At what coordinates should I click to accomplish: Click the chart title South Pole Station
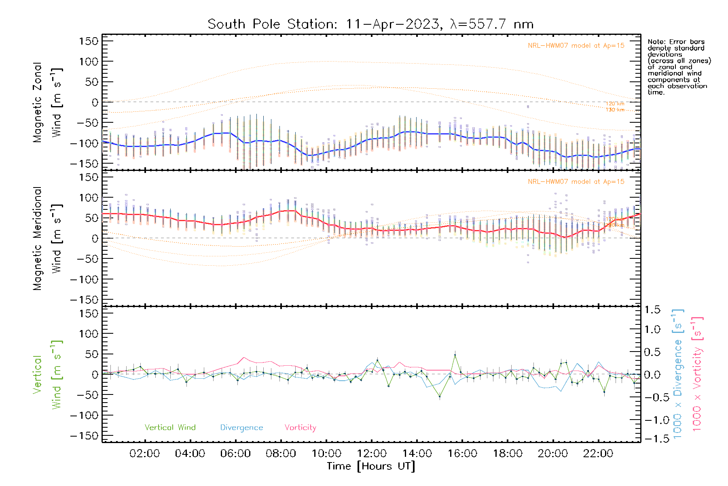tap(370, 24)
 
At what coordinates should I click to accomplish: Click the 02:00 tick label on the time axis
tap(144, 454)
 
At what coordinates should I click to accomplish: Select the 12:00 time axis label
tap(372, 454)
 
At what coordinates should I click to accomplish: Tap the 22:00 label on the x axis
tap(598, 454)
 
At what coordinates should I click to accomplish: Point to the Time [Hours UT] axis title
tap(371, 466)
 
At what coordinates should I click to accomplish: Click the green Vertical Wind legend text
tap(170, 428)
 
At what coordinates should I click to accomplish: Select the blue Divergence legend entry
tap(241, 428)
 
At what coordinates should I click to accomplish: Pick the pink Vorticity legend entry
tap(300, 428)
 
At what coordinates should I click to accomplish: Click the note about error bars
tap(679, 67)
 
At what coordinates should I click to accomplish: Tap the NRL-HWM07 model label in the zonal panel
tap(576, 46)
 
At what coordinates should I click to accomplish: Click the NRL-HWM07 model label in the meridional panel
tap(576, 182)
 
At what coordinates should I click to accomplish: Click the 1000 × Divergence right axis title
tap(678, 374)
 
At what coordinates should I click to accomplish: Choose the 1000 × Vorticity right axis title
tap(697, 374)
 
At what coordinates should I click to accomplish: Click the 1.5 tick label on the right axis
tap(652, 310)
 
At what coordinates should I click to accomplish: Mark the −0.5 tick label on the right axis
tap(652, 397)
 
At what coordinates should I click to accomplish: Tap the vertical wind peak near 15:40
tap(455, 355)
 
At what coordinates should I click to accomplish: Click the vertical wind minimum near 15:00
tap(440, 396)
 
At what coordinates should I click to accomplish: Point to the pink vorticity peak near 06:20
tap(243, 358)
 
